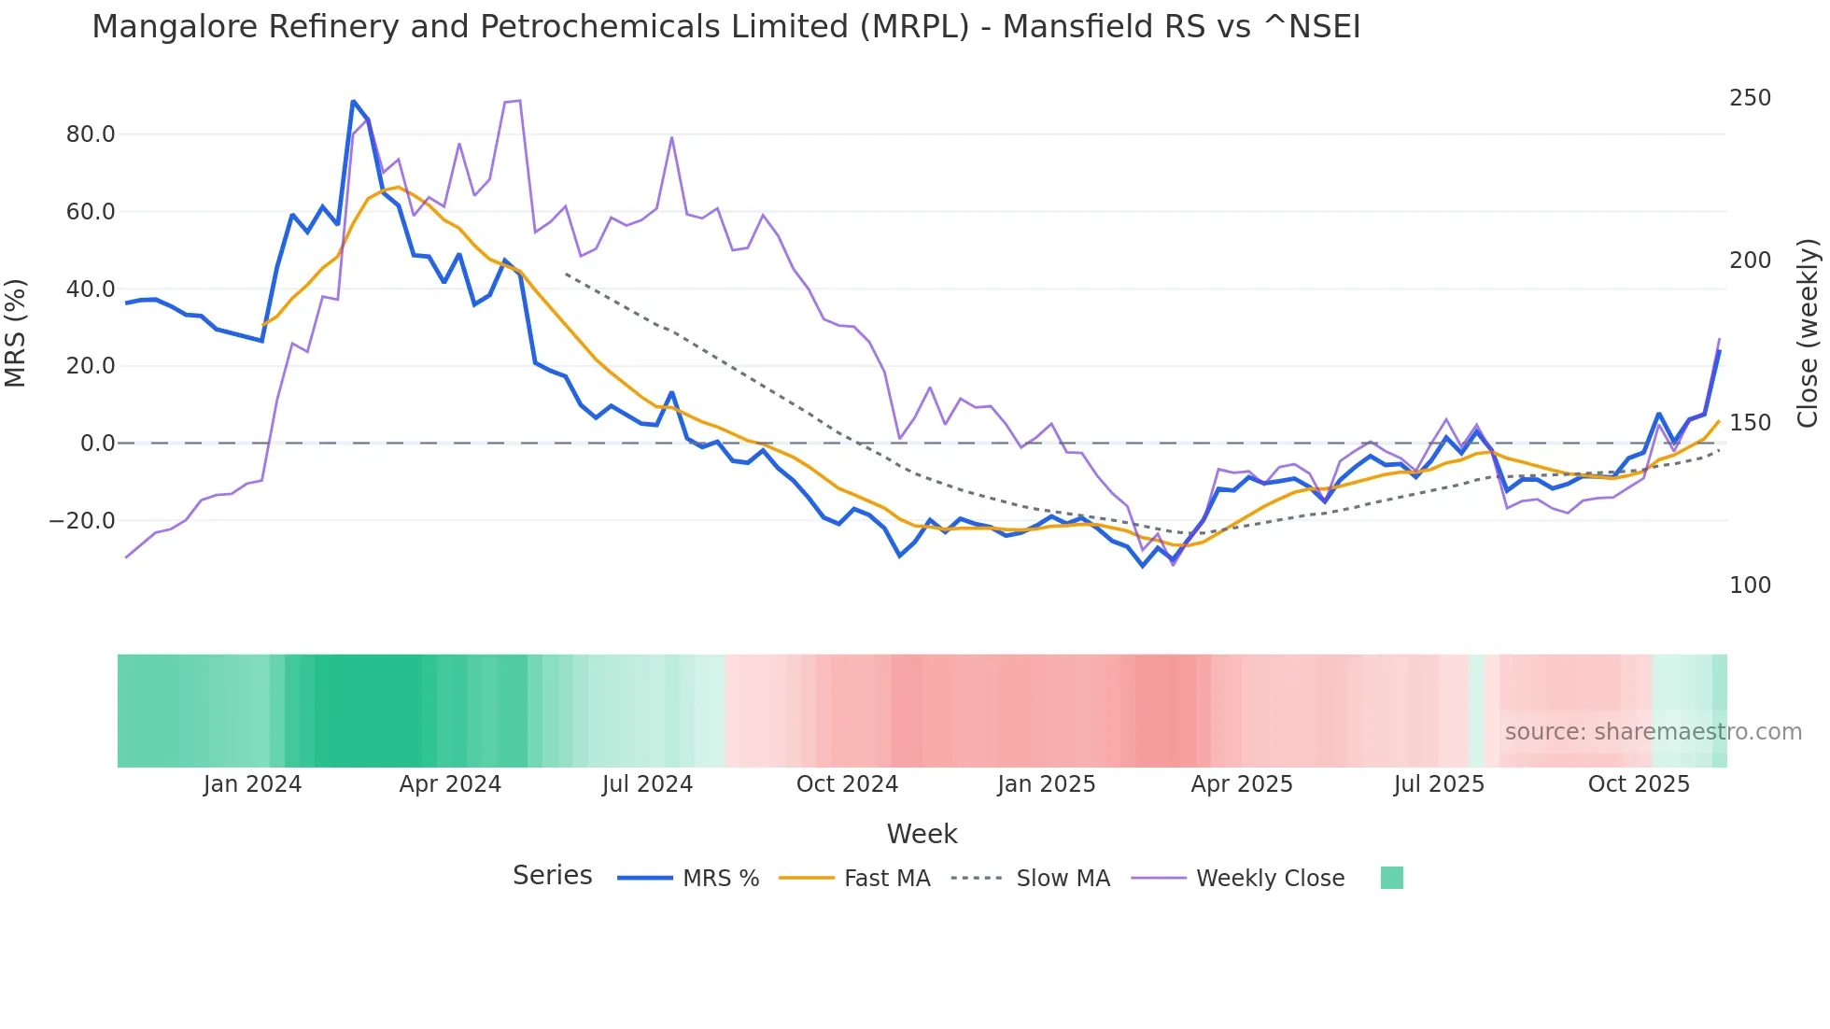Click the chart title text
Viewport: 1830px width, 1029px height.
pos(725,27)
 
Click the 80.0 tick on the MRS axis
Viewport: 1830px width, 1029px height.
pos(91,134)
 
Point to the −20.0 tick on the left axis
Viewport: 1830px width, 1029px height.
pos(82,521)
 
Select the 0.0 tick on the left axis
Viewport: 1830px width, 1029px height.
pos(97,444)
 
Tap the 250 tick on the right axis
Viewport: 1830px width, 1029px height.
pos(1750,98)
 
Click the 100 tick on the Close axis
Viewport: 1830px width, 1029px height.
pos(1750,585)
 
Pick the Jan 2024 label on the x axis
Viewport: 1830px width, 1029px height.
pos(252,784)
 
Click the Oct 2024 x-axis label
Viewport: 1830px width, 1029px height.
pos(847,784)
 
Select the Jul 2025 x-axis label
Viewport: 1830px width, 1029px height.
pos(1439,784)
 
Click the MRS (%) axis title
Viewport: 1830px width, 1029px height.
pos(16,333)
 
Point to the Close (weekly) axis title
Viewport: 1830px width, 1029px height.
pos(1809,333)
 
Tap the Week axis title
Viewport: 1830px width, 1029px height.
pos(922,834)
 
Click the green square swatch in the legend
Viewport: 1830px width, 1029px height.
pos(1391,878)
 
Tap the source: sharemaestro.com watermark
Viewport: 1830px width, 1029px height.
pos(1653,732)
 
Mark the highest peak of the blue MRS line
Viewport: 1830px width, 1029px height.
pos(353,101)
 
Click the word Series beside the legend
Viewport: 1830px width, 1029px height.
pos(552,876)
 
